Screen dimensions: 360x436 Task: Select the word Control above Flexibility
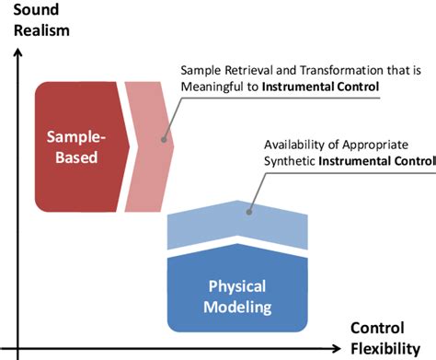[378, 330]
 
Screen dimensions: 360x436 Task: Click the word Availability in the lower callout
[296, 145]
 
